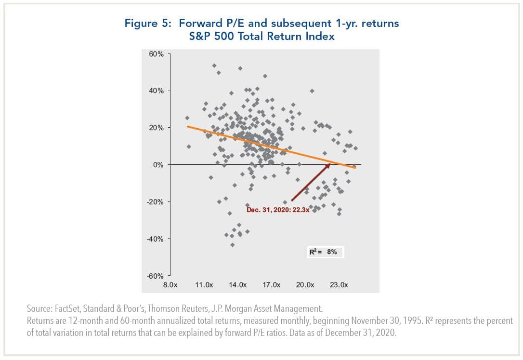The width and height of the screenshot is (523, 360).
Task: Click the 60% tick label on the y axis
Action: click(157, 54)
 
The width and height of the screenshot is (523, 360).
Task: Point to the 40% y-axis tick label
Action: click(157, 91)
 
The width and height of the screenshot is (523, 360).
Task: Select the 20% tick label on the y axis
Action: click(157, 128)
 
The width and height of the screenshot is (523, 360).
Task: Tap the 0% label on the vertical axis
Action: click(158, 165)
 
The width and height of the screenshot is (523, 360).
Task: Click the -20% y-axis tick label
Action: click(156, 202)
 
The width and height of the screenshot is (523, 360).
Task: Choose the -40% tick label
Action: click(156, 239)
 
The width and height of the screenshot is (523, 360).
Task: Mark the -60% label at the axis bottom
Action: click(156, 276)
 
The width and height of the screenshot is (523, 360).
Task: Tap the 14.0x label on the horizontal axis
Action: click(237, 285)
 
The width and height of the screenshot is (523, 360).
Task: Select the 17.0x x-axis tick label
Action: click(271, 285)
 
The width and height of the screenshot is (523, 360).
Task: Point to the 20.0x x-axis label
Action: click(304, 285)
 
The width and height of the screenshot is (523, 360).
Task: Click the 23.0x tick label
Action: click(338, 285)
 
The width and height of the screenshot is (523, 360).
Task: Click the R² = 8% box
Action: click(326, 252)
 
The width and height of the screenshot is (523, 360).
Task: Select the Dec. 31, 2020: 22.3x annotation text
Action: click(277, 210)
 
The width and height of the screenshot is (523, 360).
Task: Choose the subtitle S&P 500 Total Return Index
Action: click(261, 36)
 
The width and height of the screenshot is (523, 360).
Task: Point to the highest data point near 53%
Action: click(214, 66)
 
